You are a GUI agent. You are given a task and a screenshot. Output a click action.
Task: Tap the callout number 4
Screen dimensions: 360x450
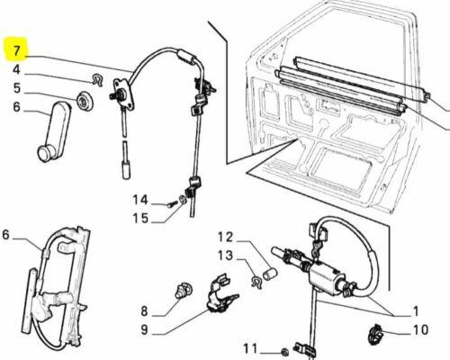[17, 70]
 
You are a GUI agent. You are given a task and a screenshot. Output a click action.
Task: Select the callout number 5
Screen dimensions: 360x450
[17, 88]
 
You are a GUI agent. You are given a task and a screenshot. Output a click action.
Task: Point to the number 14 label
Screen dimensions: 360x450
[139, 200]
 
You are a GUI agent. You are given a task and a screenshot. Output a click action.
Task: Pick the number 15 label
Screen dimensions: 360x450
[139, 218]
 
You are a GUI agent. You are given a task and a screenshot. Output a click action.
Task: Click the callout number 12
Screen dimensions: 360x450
[224, 237]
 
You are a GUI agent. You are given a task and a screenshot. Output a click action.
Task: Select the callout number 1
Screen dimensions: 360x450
[415, 310]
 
